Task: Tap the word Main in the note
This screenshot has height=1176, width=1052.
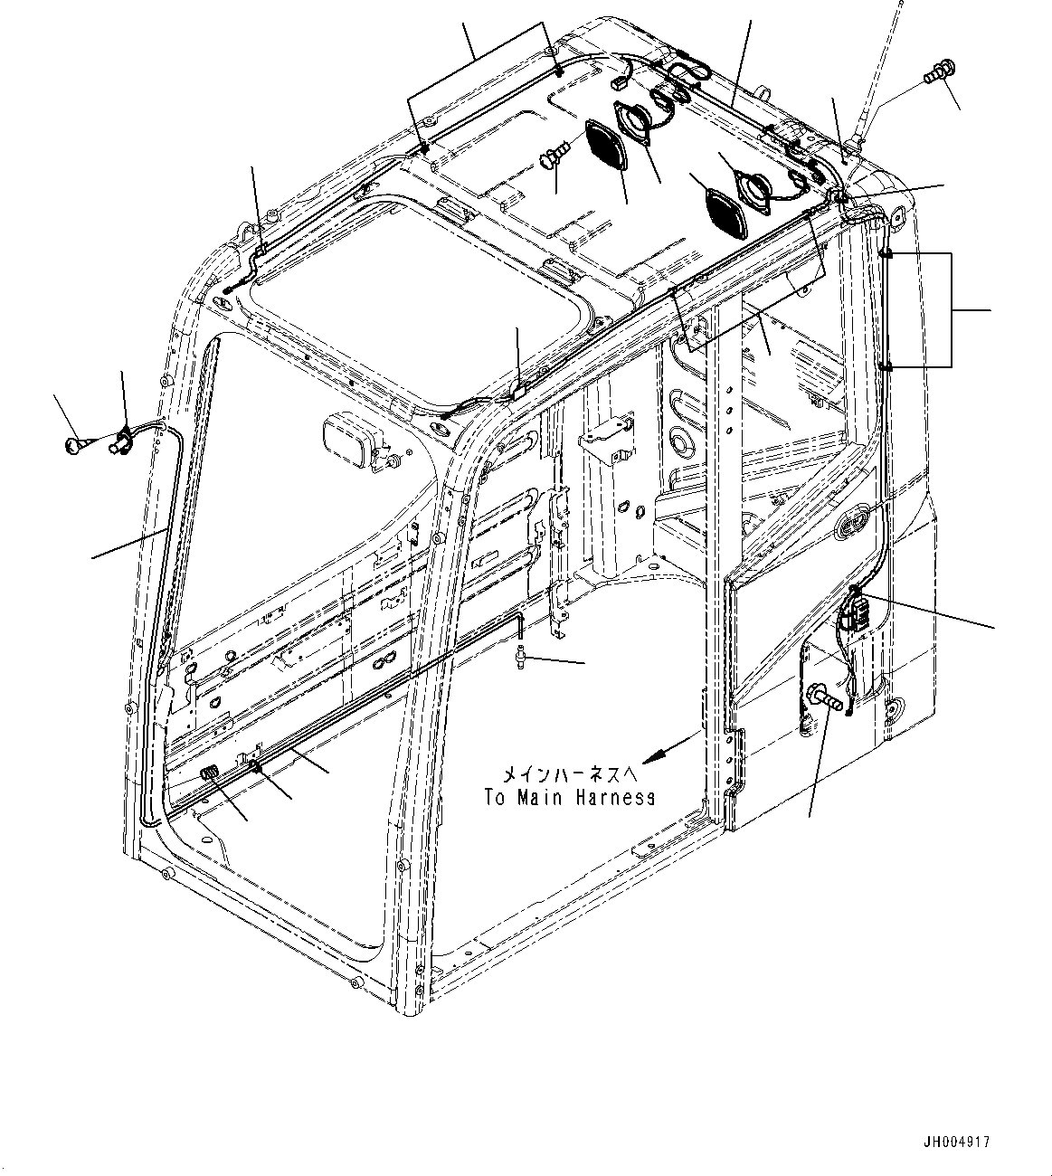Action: pyautogui.click(x=541, y=798)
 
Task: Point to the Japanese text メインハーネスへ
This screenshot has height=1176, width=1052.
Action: pyautogui.click(x=557, y=774)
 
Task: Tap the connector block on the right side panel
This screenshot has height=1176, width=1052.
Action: pyautogui.click(x=854, y=615)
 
